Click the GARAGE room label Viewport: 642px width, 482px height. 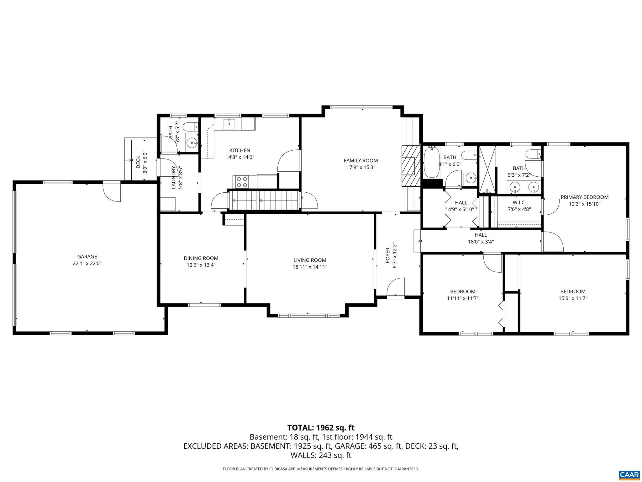click(x=87, y=257)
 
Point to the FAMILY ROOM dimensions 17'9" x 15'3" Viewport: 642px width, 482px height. click(x=361, y=168)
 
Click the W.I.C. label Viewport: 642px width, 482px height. click(x=519, y=203)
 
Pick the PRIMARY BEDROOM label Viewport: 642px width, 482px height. click(x=584, y=197)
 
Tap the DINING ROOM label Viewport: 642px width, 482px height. click(x=201, y=258)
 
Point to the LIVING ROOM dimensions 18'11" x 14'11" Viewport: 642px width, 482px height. click(x=310, y=267)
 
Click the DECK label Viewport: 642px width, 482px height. click(x=139, y=162)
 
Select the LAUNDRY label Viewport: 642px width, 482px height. click(x=174, y=177)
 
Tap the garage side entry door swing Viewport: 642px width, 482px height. click(x=112, y=191)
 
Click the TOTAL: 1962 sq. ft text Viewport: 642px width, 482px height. click(x=321, y=428)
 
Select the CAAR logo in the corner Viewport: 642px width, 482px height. click(x=629, y=474)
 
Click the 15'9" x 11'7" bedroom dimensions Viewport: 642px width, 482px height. click(x=573, y=298)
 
